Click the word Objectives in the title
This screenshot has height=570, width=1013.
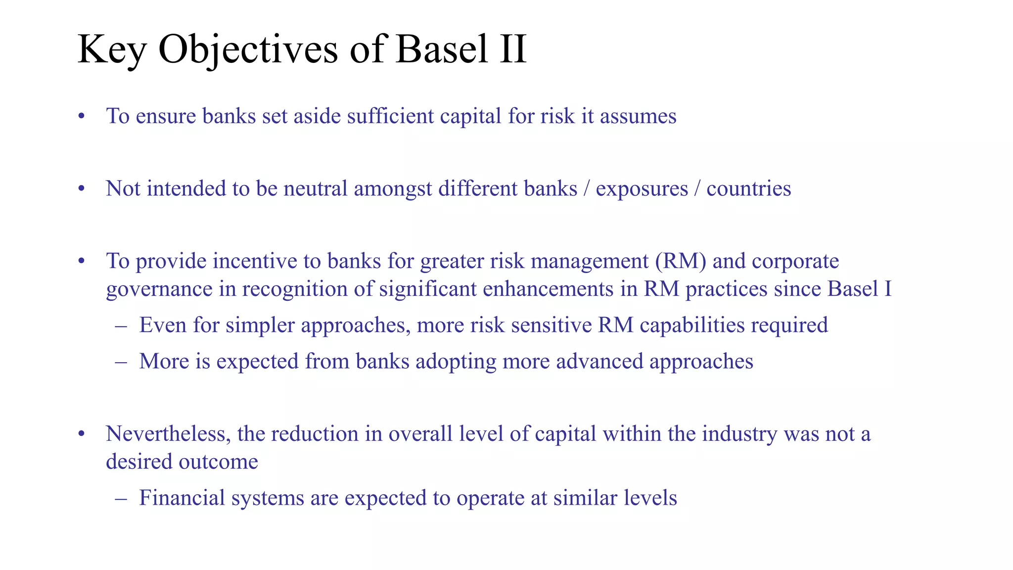click(247, 49)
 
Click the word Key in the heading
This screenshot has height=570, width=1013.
click(112, 49)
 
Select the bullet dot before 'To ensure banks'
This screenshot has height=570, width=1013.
click(82, 117)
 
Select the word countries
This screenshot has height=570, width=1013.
click(748, 189)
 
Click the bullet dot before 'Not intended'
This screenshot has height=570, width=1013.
click(82, 189)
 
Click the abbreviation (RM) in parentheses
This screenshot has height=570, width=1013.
click(681, 261)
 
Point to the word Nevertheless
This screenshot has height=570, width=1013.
click(168, 434)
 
